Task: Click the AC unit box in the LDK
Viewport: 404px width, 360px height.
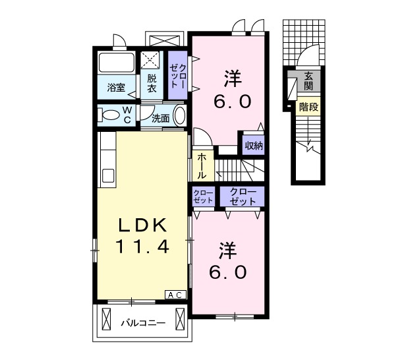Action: point(175,295)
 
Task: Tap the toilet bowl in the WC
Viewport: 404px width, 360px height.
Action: point(109,115)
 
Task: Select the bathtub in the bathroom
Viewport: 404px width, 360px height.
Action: point(117,63)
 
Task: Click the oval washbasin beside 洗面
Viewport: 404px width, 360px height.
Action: point(180,116)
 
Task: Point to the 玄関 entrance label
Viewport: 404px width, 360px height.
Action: point(308,81)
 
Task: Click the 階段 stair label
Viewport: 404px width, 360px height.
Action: point(308,107)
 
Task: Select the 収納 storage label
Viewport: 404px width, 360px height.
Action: point(254,146)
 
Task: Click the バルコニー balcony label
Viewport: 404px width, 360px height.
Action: point(143,322)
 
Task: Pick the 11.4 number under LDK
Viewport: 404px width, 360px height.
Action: point(142,246)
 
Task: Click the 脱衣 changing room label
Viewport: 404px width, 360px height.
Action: point(152,83)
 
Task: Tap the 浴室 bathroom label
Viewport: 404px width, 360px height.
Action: point(116,88)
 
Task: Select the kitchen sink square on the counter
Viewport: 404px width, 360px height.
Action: point(108,175)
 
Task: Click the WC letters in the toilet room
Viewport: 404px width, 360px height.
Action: point(127,115)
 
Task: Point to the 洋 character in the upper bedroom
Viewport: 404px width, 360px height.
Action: point(233,78)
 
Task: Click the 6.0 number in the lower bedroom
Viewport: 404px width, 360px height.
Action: point(228,272)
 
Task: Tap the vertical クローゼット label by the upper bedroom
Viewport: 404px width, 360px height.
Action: point(178,76)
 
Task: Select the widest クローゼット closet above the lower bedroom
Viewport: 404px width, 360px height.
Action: point(242,196)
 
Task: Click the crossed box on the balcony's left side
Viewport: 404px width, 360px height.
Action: point(106,319)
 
